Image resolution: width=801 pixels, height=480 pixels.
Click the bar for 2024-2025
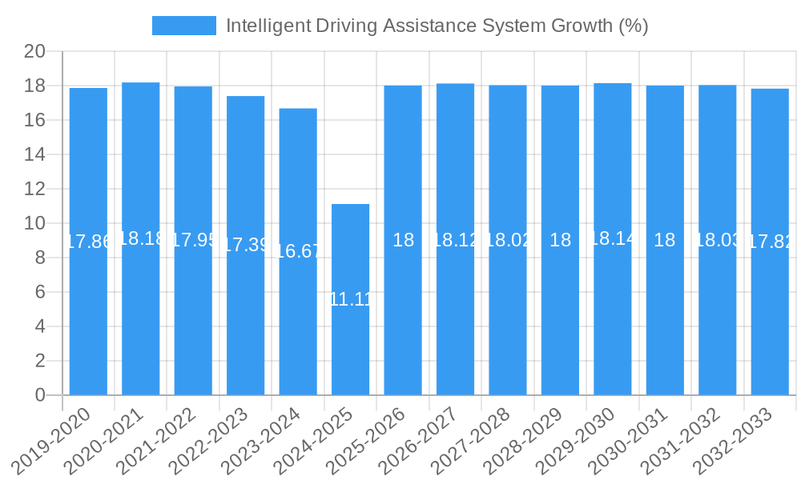(350, 299)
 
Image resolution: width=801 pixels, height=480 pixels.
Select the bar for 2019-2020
(88, 241)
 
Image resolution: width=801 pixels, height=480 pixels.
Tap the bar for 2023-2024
(298, 251)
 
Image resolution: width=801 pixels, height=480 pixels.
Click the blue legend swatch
(183, 26)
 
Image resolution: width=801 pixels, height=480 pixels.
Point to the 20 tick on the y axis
(36, 52)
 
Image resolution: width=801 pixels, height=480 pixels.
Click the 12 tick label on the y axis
(36, 190)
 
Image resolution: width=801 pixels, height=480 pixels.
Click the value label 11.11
(350, 299)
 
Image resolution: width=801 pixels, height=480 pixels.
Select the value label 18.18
(141, 238)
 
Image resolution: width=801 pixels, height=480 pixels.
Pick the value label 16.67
(298, 251)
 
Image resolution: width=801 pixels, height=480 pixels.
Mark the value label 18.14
(613, 238)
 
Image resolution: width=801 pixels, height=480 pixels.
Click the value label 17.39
(246, 246)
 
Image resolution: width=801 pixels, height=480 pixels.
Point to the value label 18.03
(718, 240)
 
